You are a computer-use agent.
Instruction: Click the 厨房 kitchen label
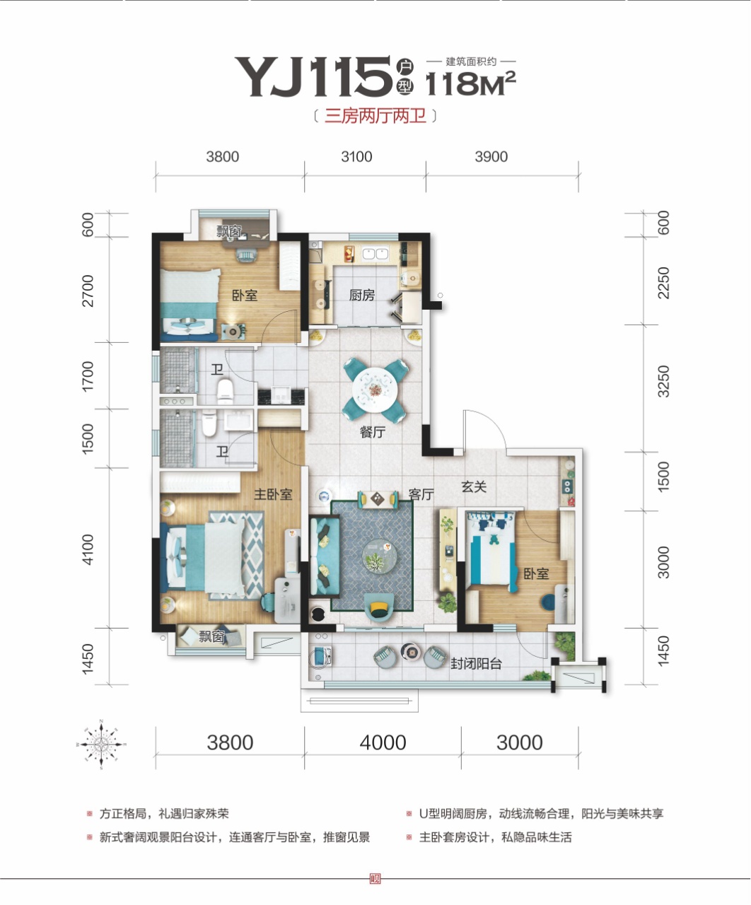(361, 295)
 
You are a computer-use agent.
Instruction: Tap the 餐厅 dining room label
(373, 432)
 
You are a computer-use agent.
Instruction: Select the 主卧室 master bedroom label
(273, 494)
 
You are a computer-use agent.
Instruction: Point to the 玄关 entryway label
(474, 486)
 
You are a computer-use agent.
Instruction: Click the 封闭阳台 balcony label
(476, 664)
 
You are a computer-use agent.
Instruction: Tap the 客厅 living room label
(421, 494)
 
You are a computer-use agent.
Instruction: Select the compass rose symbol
(101, 745)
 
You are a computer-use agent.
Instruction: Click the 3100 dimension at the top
(356, 156)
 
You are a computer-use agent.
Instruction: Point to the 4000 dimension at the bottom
(383, 742)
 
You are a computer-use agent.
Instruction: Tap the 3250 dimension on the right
(663, 381)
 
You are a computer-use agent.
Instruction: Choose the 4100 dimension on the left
(88, 549)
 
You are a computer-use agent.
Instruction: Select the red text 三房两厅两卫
(375, 116)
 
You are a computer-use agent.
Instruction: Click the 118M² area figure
(471, 83)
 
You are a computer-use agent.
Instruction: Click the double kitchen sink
(375, 253)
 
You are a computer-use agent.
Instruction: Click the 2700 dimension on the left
(88, 291)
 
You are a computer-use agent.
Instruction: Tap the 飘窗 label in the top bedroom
(229, 231)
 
